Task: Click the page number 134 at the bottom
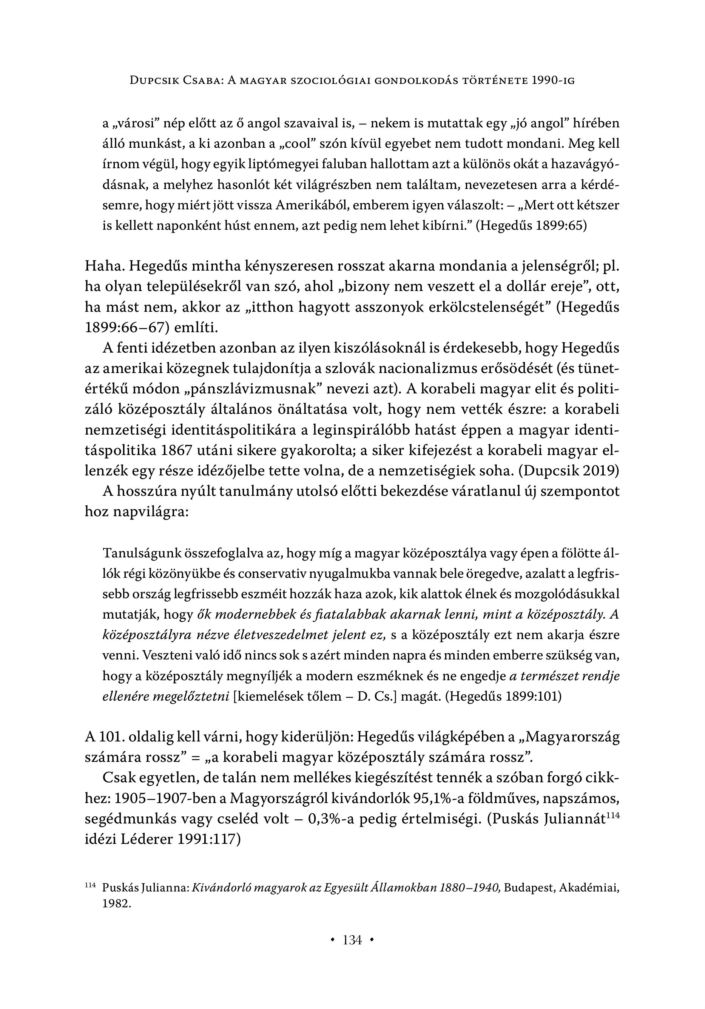point(352,941)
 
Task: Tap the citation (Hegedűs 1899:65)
point(532,226)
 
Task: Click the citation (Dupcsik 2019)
point(568,470)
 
